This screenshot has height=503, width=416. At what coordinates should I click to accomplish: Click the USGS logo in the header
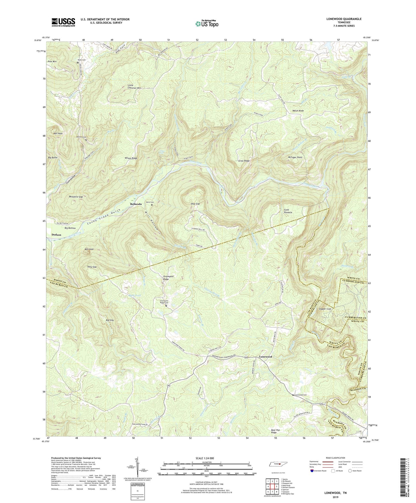tap(63, 22)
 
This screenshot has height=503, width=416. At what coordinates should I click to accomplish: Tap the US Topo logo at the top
tap(206, 24)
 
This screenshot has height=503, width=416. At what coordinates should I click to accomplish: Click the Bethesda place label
tap(136, 204)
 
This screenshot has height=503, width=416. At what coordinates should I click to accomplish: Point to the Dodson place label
tap(56, 235)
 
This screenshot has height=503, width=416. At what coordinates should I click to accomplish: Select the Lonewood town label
tap(265, 357)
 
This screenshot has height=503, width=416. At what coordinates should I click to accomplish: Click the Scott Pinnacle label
tap(288, 211)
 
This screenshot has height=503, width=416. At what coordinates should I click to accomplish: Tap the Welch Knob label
tap(298, 111)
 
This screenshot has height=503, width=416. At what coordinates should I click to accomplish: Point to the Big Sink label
tap(110, 320)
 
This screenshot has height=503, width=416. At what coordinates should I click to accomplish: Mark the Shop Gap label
tap(195, 204)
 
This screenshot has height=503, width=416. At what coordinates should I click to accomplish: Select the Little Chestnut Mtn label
tap(134, 86)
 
